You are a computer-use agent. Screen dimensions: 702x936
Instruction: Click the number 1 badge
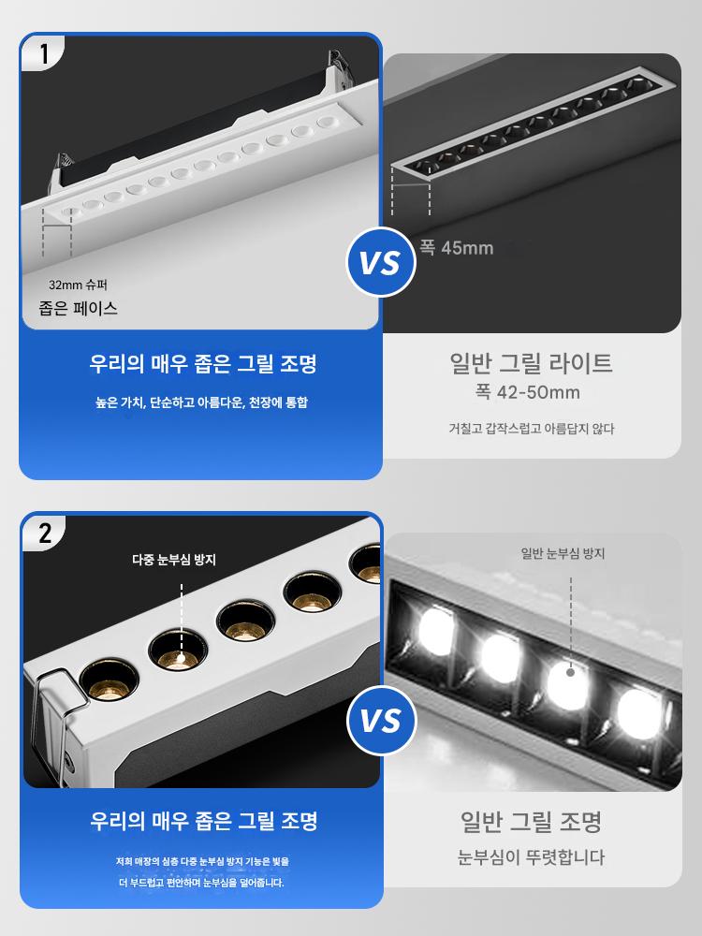tap(42, 53)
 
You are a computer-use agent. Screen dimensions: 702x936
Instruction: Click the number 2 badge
tap(44, 533)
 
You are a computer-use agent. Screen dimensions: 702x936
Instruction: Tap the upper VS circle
tap(381, 262)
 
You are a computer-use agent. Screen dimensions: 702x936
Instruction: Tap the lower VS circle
tap(381, 720)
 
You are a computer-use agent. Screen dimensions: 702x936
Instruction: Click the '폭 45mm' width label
tap(457, 247)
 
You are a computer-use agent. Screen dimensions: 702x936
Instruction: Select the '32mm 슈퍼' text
tap(79, 285)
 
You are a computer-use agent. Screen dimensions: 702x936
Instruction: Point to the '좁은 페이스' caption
tap(79, 308)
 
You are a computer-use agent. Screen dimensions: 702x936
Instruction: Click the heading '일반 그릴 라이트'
tap(532, 363)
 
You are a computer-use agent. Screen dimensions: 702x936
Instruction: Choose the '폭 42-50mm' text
tap(528, 392)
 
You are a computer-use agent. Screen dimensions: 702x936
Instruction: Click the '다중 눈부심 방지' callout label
tap(174, 560)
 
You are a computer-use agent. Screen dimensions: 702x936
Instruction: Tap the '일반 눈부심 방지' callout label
tap(563, 553)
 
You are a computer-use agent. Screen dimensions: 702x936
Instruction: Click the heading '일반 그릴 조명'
tap(532, 822)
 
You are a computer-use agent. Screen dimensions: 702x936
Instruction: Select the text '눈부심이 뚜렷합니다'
tap(532, 857)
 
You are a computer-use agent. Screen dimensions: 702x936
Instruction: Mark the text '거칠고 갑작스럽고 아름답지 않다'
tap(532, 429)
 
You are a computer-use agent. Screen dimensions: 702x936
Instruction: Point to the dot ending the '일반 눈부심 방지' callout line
tap(570, 672)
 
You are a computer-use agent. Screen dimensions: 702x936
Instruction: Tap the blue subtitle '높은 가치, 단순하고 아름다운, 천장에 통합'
tap(202, 402)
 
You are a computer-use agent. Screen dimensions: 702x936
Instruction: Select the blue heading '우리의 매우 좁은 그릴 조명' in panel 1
tap(203, 363)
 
